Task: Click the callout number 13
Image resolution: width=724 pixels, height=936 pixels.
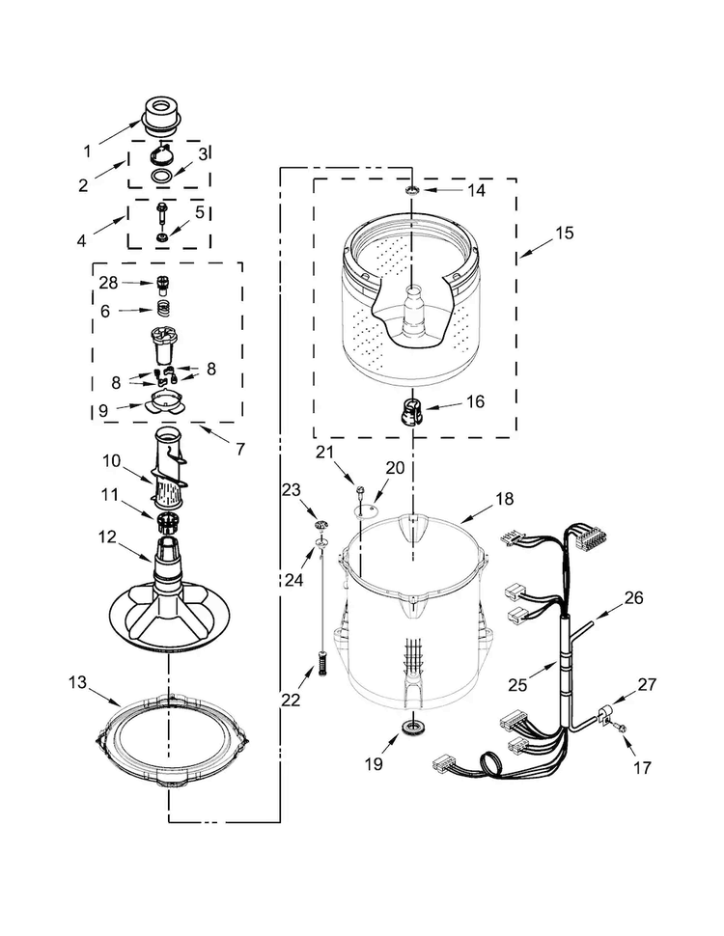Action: pos(77,681)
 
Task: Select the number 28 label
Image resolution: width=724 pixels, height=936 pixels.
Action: pos(108,283)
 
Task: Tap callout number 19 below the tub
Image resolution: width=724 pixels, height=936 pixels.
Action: pos(374,763)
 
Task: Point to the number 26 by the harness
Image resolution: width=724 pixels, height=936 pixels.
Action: pos(634,597)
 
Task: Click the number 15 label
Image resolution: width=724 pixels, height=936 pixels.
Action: pos(565,233)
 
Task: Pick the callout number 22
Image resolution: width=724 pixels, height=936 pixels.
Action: pos(291,699)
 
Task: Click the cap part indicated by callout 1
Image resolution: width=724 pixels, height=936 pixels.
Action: pos(160,115)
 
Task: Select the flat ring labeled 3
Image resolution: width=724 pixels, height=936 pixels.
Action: pos(160,176)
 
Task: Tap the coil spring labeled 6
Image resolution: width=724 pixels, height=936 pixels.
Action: pos(163,310)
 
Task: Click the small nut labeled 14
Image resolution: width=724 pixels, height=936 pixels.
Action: pos(411,190)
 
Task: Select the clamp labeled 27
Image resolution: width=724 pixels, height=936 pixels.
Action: pos(605,713)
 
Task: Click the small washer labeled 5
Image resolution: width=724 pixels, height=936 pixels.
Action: pos(160,237)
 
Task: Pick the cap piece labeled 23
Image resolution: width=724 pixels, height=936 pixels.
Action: pos(321,524)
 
